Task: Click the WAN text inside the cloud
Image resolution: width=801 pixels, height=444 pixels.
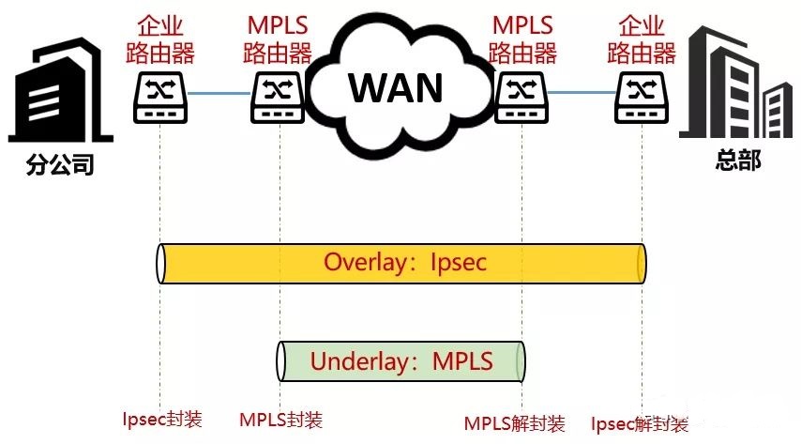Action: (x=396, y=87)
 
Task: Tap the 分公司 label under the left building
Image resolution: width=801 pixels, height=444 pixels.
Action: (x=61, y=166)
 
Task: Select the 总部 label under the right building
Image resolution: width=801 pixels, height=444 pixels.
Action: (x=738, y=159)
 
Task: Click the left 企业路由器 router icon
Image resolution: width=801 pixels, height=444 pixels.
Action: (x=160, y=97)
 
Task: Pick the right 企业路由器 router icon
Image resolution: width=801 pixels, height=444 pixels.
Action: (x=642, y=97)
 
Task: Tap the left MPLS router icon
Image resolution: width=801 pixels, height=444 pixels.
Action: (x=279, y=97)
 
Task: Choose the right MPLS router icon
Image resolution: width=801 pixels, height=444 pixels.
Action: (x=521, y=97)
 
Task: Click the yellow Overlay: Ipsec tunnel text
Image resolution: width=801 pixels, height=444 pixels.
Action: (x=405, y=262)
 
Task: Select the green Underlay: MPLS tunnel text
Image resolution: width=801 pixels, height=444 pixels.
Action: (x=401, y=361)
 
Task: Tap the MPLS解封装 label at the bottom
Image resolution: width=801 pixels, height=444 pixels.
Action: (x=515, y=423)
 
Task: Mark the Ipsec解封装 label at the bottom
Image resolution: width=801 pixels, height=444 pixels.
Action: (x=639, y=423)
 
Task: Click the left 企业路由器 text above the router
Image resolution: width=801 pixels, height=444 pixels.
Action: (x=160, y=38)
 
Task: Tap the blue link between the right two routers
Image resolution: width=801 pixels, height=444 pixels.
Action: (x=582, y=93)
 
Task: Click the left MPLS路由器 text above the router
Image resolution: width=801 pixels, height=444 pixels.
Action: (x=279, y=38)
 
